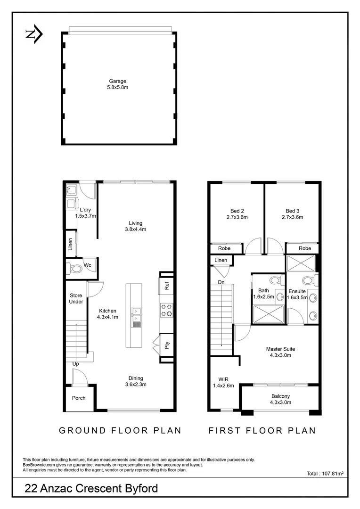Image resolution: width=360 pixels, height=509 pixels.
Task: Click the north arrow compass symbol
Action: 34,34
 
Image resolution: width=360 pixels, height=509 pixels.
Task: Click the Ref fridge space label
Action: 167,286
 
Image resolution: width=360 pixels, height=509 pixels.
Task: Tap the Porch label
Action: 79,398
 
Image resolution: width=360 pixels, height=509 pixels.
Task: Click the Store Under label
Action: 76,299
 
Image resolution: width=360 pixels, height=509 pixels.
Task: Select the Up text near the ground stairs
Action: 75,364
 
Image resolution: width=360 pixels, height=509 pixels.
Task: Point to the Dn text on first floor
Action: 221,282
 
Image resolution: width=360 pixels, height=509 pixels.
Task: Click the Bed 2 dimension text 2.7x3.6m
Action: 237,217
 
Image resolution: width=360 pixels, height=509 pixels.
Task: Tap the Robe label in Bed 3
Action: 305,248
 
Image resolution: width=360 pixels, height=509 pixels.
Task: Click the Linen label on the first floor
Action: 221,260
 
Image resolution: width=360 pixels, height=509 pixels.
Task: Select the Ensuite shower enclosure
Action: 301,263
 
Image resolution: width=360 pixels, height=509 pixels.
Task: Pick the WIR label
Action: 223,379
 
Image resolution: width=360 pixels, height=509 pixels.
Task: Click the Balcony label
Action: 280,396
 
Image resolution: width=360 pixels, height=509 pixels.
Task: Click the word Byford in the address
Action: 139,489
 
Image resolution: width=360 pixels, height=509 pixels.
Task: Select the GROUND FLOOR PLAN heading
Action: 120,430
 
